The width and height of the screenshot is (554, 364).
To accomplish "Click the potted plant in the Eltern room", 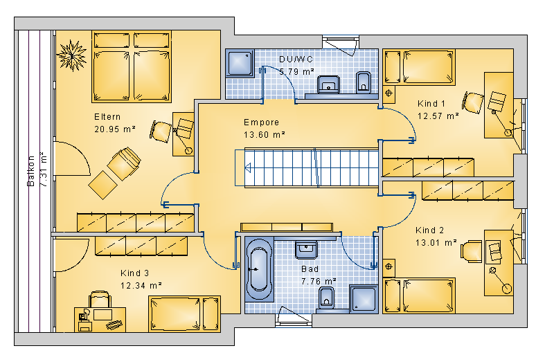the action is pos(72,55).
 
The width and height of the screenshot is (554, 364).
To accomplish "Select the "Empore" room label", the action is pos(262,122).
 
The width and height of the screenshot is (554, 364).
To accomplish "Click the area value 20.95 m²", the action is pos(115,129).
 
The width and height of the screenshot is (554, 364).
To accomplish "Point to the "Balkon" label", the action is pos(31,171).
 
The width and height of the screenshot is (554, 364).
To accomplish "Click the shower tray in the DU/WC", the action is pos(240,64).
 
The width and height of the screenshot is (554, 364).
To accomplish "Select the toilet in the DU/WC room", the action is pos(363,82).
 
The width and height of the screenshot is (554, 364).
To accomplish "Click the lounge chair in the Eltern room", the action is pos(115,173).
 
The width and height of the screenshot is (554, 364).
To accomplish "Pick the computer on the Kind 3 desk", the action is pos(84,320).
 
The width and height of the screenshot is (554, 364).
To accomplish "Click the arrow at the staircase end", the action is pos(248,167).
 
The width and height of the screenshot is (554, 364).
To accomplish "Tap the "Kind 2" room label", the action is pos(429,230).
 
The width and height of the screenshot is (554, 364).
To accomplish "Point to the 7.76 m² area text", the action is pos(319,282).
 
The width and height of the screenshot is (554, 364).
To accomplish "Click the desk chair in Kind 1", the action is pos(473,102).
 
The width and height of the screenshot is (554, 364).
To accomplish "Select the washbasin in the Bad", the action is pos(306,250).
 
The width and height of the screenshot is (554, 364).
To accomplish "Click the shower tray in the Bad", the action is pos(364,299).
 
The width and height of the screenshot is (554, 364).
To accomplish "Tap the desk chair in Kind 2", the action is pos(471,251).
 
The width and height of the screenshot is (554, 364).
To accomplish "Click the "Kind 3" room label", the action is pos(134,273).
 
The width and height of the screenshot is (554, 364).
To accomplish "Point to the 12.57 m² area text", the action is pos(438,116).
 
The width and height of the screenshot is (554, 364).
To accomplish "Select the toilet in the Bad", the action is pos(326,298).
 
